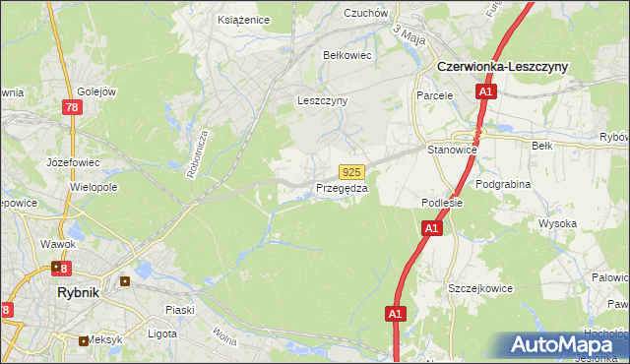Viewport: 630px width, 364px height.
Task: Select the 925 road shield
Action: click(x=353, y=171)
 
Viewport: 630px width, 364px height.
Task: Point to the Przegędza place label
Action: click(x=342, y=188)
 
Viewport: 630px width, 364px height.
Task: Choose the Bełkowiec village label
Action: click(x=346, y=55)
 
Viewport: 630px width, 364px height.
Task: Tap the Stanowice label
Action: click(x=452, y=150)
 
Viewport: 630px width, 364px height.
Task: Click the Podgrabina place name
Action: click(x=503, y=184)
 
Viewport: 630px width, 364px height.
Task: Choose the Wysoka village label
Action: click(x=557, y=223)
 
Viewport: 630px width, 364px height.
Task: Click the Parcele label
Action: click(x=434, y=96)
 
